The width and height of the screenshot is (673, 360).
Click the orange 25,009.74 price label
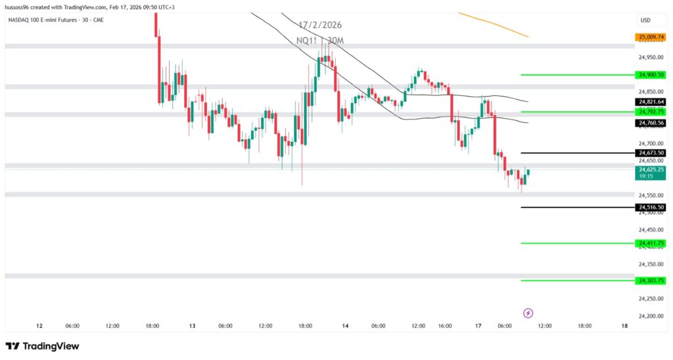click(651, 37)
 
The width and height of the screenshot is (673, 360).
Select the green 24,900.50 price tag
click(651, 75)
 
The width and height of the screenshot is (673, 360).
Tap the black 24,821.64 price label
click(651, 102)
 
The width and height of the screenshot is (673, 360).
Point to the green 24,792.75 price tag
click(651, 112)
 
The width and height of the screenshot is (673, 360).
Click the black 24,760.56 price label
click(651, 123)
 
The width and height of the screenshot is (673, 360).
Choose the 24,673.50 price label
click(651, 153)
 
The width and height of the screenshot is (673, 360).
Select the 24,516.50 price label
click(651, 208)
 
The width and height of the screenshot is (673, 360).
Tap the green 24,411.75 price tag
click(651, 243)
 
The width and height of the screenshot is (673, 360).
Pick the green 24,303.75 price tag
click(651, 281)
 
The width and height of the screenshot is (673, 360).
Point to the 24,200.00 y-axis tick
click(651, 316)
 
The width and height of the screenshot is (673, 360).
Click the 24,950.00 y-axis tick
click(651, 58)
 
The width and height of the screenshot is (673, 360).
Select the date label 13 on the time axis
click(193, 326)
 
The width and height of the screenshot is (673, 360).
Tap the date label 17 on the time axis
click(479, 326)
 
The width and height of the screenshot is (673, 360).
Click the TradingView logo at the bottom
click(43, 346)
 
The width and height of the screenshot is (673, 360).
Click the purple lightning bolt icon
click(528, 313)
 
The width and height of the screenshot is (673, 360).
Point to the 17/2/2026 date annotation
click(320, 26)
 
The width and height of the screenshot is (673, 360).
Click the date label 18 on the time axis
click(624, 326)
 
